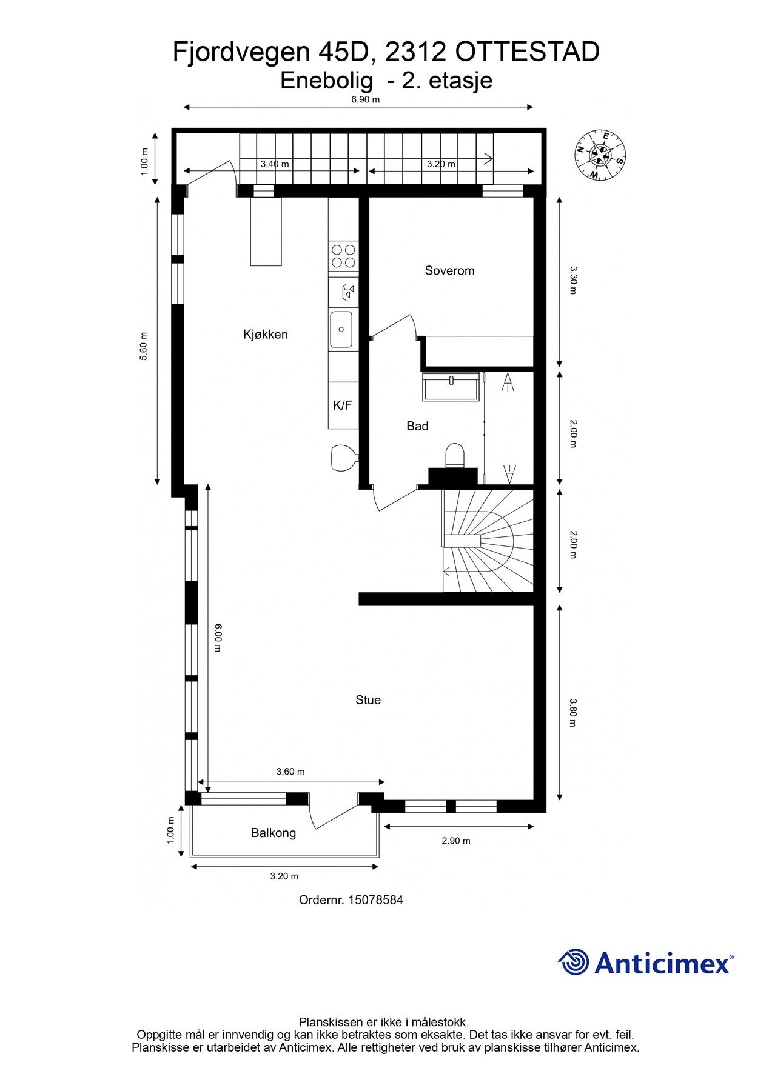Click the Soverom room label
point(449,270)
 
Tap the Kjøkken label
point(265,334)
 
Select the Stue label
point(368,700)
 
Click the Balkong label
point(273,833)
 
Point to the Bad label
point(417,426)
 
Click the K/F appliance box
point(343,405)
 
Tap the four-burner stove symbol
point(343,256)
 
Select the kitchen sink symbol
point(341,330)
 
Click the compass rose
point(600,155)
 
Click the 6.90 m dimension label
point(365,99)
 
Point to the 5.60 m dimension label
point(144,346)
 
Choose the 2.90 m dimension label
point(455,841)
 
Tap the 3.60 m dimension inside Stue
point(290,772)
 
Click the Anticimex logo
point(645,963)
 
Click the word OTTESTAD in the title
point(526,53)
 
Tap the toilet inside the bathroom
point(454,455)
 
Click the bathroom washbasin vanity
point(451,386)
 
